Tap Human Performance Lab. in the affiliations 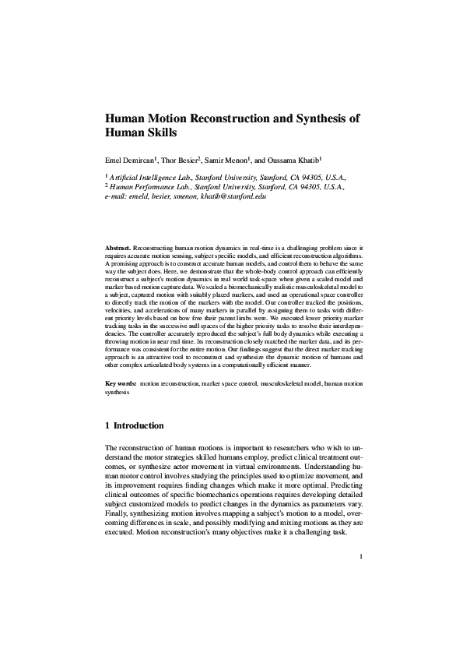click(149, 188)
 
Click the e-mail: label click(116, 197)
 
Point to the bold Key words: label click(121, 384)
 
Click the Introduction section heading click(139, 426)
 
